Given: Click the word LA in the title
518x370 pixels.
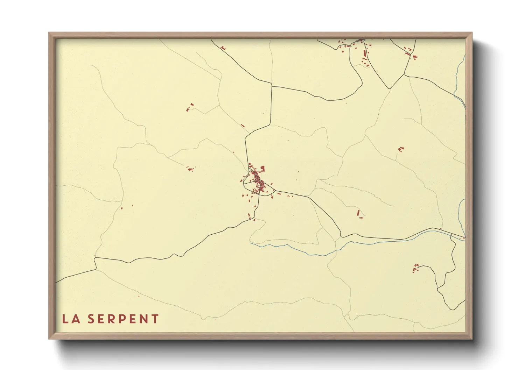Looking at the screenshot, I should tap(71, 319).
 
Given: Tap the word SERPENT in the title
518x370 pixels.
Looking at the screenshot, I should tap(123, 319).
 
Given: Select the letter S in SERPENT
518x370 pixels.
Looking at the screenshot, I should tap(91, 319).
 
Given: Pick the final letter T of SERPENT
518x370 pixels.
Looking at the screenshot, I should tap(155, 319).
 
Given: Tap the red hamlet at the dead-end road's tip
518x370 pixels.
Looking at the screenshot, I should tap(416, 268).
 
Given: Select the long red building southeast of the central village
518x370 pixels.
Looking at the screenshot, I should tap(358, 213).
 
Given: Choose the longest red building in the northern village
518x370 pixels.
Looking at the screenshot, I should tap(365, 54).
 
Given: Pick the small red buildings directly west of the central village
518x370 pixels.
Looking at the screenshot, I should tap(190, 169).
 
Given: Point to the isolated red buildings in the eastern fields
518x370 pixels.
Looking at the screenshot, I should tap(401, 149).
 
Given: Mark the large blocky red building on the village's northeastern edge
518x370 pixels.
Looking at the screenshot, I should tap(263, 168).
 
